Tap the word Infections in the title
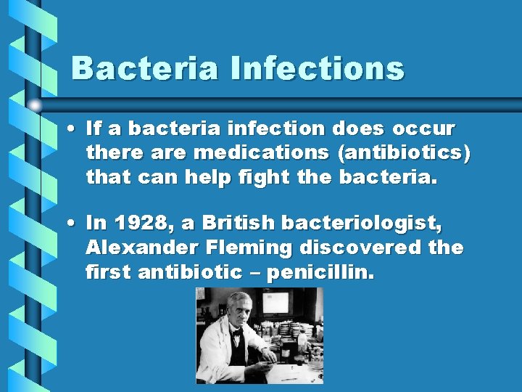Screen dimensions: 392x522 [x=317, y=68]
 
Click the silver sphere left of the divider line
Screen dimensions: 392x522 [x=35, y=105]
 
